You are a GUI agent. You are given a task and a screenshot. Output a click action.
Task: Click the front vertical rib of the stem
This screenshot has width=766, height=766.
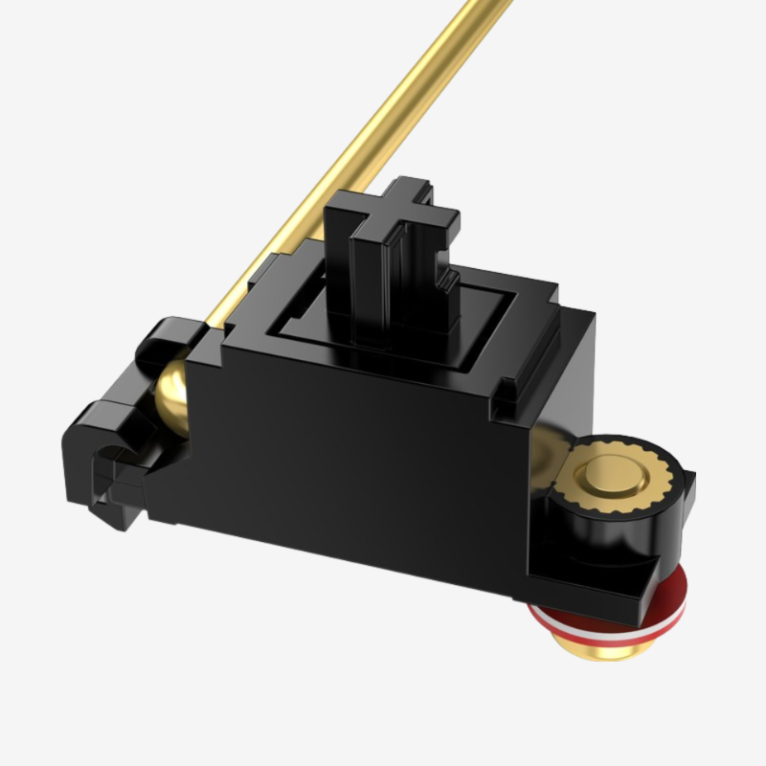[x=369, y=278]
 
